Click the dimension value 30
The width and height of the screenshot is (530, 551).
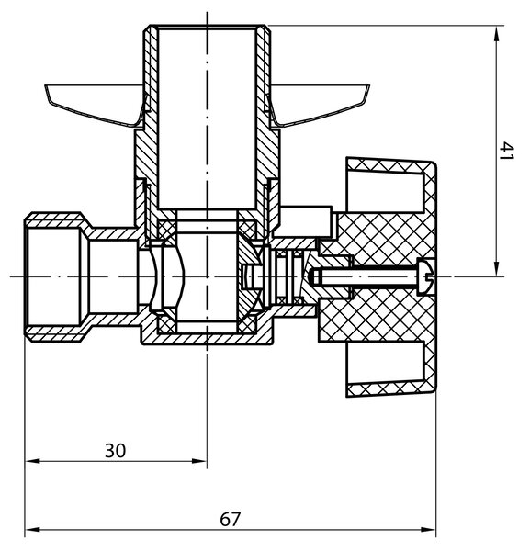(x=115, y=451)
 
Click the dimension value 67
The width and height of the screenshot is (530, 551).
(x=231, y=520)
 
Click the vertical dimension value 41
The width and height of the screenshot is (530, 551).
(x=506, y=151)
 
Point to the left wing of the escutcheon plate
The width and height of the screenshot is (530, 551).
(x=95, y=104)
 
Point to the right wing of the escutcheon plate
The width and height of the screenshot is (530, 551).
(x=319, y=104)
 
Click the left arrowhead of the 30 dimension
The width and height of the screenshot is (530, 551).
(x=33, y=461)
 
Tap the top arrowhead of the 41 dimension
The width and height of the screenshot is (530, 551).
(x=496, y=34)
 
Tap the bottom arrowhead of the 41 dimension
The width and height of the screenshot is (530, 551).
(x=496, y=268)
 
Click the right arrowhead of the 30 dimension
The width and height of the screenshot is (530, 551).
(x=199, y=461)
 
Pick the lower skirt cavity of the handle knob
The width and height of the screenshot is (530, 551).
(x=385, y=363)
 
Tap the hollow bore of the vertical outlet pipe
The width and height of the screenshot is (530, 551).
(x=207, y=118)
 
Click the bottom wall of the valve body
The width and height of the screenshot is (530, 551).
(x=207, y=339)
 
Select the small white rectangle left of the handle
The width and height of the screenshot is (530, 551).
(x=306, y=221)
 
